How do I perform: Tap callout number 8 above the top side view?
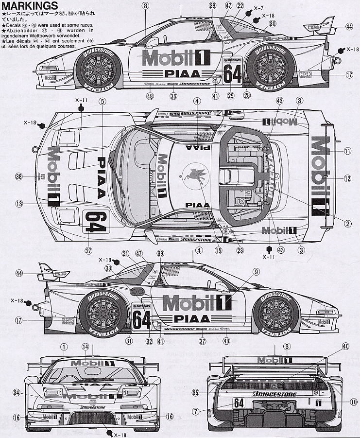pos(145,6)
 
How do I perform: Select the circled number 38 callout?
pos(19,177)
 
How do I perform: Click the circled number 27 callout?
pos(88,251)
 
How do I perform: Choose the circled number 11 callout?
pos(347,151)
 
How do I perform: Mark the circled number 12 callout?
pos(347,178)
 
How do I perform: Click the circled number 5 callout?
pos(103,101)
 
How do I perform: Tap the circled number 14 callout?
pos(86,347)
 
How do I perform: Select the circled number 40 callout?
pos(346,346)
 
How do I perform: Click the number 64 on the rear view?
pos(239,403)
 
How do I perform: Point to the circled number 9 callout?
pos(256,272)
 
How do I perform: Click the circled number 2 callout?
pos(348,224)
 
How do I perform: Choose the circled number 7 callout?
pos(196,411)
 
